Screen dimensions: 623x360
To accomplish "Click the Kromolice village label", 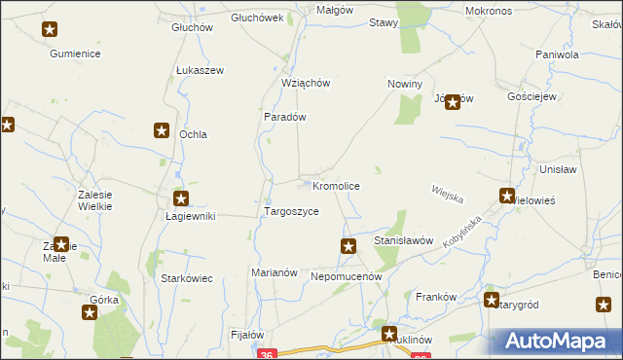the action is click(x=337, y=185).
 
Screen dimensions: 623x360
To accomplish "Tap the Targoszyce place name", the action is click(x=291, y=211).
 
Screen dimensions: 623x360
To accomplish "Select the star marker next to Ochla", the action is click(x=162, y=130).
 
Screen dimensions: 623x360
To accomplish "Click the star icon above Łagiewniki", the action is click(x=180, y=198).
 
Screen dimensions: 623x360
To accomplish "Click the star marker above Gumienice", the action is click(x=50, y=30).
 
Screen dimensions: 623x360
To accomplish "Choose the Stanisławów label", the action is click(x=403, y=239).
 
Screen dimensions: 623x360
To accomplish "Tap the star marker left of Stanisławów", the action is click(x=348, y=246).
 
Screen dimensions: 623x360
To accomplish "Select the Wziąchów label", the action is click(x=306, y=83).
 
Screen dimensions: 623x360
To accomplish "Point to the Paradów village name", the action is click(x=285, y=117).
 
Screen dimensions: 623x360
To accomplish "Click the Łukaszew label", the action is click(x=201, y=71).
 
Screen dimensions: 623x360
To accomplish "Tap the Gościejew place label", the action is click(x=531, y=97).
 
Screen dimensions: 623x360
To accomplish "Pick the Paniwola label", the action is click(x=556, y=54).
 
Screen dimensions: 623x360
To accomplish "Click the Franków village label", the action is click(x=436, y=297).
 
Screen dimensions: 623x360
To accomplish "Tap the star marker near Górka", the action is click(x=90, y=312).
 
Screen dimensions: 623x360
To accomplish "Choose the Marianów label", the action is click(x=274, y=272).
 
